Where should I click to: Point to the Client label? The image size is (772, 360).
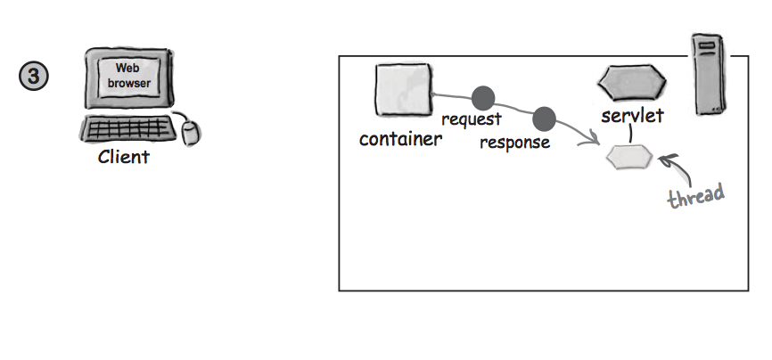(124, 159)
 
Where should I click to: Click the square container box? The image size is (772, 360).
(404, 88)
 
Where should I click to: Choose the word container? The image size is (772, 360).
(400, 139)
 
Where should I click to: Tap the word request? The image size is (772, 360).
(472, 119)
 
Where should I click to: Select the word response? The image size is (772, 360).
(514, 143)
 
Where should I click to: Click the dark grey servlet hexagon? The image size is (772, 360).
(631, 83)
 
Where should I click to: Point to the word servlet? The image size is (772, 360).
(632, 116)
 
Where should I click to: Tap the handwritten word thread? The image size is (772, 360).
(695, 194)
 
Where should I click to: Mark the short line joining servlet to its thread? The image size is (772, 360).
(629, 135)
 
